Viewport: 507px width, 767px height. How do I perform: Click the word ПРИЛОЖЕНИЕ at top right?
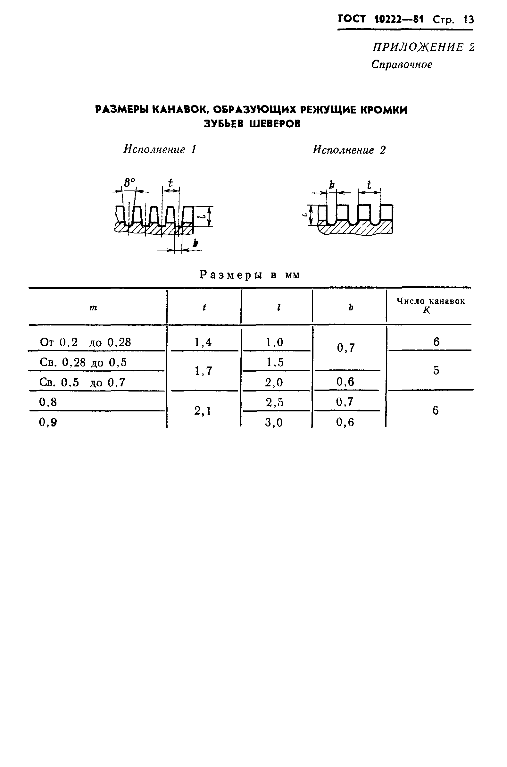(418, 47)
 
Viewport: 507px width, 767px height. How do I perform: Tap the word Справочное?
(402, 64)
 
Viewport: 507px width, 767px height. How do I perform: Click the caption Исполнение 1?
(160, 149)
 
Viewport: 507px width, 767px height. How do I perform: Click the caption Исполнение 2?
(349, 150)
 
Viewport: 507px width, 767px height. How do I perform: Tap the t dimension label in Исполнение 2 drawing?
(369, 185)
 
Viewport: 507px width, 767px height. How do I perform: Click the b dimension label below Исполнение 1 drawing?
(195, 243)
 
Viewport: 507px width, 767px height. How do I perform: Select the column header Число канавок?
(430, 301)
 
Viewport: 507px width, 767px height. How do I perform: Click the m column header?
(93, 308)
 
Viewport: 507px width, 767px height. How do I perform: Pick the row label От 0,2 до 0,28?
(85, 342)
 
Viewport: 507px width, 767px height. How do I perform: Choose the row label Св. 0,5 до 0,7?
(82, 383)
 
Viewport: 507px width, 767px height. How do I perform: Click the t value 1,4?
(203, 342)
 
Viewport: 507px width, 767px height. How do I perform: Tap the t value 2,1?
(203, 411)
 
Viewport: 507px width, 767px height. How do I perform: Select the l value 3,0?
(274, 423)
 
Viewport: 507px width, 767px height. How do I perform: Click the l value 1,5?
(275, 362)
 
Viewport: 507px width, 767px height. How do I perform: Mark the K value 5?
(436, 370)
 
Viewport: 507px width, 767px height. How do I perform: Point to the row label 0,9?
(48, 422)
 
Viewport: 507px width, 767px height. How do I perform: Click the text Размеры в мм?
(250, 275)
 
